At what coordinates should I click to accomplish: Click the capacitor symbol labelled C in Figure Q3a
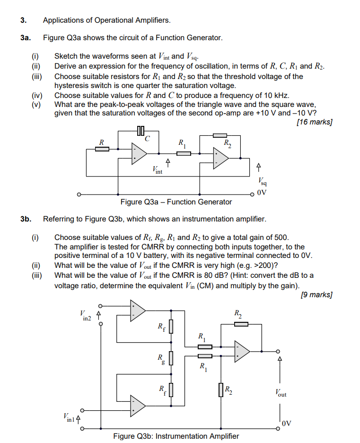[140, 130]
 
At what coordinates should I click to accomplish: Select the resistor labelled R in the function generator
[102, 149]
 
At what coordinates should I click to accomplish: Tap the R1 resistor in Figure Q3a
[184, 153]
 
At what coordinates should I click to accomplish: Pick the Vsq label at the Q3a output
[263, 181]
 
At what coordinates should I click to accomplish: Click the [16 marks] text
[314, 122]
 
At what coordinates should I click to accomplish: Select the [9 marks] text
[316, 295]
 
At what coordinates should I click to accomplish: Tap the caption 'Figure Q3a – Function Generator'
[176, 202]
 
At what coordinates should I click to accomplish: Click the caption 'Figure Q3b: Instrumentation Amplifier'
[176, 436]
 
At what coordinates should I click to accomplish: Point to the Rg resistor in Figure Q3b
[171, 358]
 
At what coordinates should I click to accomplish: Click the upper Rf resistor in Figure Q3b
[171, 326]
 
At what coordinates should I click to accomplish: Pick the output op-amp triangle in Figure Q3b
[241, 351]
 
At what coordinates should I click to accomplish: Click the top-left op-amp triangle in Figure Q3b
[137, 310]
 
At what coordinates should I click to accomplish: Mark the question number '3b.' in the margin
[26, 219]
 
